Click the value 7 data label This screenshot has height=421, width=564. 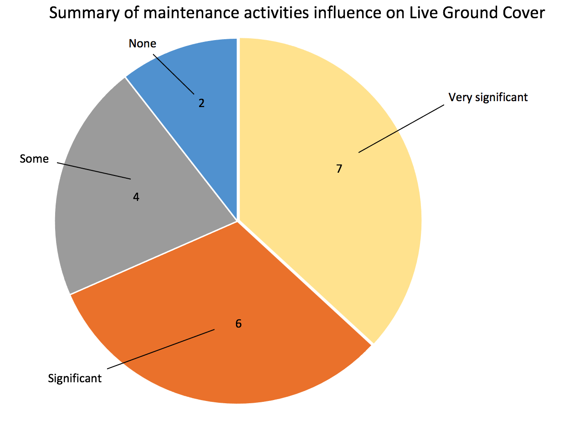[339, 169]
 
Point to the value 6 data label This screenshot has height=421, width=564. [238, 324]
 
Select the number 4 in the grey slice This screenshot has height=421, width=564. [136, 197]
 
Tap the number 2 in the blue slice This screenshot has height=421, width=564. [201, 103]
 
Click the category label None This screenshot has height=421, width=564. [142, 44]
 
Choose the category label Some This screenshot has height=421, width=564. [34, 159]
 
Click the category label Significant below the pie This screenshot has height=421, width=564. [75, 378]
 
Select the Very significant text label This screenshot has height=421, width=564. [488, 97]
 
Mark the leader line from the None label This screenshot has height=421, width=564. [173, 73]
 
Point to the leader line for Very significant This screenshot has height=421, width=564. [401, 128]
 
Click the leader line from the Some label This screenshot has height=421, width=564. [93, 170]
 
